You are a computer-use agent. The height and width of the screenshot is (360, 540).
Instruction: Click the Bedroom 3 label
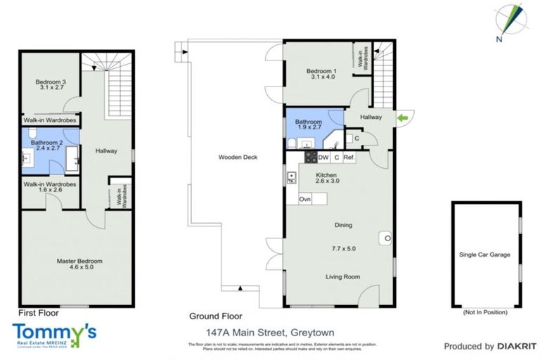click(x=51, y=82)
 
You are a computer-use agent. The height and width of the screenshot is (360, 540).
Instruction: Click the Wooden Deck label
click(x=236, y=157)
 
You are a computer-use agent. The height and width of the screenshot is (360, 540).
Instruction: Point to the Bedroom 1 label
click(x=321, y=71)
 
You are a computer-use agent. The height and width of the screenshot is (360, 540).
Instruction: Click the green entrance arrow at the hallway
click(x=402, y=117)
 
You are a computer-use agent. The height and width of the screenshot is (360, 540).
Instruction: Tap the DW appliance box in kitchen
click(x=323, y=157)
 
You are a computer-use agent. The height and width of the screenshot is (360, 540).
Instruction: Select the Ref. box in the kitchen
click(x=349, y=157)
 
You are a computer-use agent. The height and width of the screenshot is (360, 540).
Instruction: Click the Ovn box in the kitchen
click(x=305, y=200)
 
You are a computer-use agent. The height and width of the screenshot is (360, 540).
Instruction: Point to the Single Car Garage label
click(x=484, y=255)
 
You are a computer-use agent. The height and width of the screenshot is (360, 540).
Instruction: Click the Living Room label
click(x=342, y=277)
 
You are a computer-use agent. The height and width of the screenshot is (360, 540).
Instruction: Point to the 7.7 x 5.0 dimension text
click(x=342, y=247)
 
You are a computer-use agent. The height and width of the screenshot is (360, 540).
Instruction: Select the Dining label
click(x=343, y=225)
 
